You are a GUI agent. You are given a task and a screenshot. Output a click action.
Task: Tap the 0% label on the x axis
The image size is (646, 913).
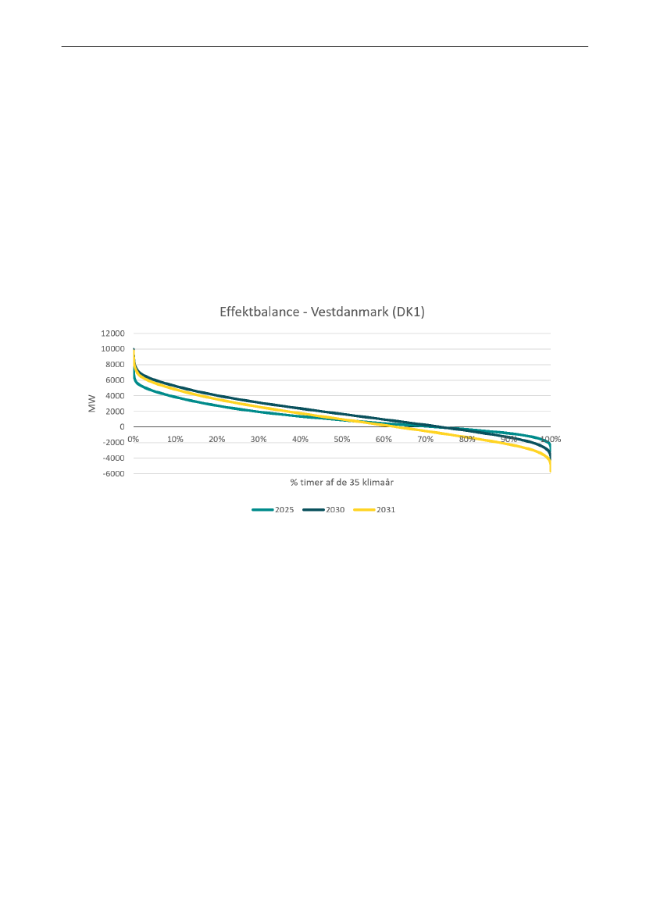pyautogui.click(x=134, y=439)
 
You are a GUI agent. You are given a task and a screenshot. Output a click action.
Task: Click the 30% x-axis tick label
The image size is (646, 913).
pyautogui.click(x=259, y=439)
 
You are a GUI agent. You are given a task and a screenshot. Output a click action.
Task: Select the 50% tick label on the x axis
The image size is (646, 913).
pyautogui.click(x=342, y=439)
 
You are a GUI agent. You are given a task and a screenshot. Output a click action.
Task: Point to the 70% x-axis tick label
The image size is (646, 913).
pyautogui.click(x=426, y=439)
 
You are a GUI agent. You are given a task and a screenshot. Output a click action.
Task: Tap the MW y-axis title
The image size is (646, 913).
pyautogui.click(x=92, y=404)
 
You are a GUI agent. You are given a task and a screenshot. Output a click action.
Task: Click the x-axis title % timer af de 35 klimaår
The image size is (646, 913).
pyautogui.click(x=341, y=482)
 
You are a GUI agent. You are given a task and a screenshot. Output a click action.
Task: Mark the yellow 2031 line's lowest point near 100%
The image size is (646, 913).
pyautogui.click(x=551, y=471)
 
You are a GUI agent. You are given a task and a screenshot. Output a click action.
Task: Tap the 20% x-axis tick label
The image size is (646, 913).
pyautogui.click(x=216, y=439)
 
